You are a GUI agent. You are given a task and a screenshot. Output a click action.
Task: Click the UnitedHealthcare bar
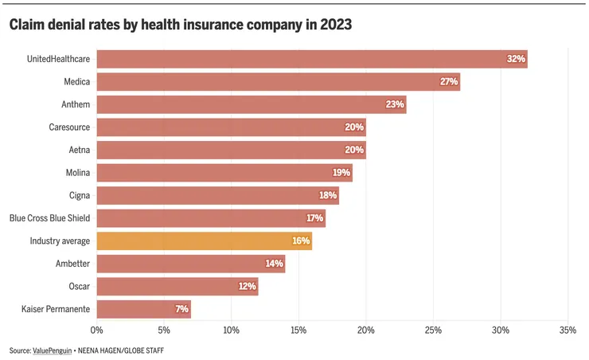[310, 59]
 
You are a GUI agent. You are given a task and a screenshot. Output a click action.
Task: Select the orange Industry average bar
[204, 241]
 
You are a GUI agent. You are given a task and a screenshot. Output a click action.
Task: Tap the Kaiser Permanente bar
[143, 309]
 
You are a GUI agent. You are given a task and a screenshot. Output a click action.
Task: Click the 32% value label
[516, 59]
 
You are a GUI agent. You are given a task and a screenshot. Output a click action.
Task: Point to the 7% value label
[181, 309]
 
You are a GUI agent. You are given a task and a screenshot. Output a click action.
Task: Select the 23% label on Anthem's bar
[396, 104]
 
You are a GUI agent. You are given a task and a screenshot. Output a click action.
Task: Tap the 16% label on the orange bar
[302, 241]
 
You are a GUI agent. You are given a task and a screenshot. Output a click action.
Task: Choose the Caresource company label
[68, 127]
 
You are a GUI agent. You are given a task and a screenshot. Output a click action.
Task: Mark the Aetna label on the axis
[79, 150]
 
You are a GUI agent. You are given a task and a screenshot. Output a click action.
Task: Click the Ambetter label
[72, 264]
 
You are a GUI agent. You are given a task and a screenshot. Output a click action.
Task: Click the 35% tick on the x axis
[568, 330]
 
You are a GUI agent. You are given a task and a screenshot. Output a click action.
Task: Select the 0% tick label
[97, 330]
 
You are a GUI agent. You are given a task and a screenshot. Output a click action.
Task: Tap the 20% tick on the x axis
[365, 330]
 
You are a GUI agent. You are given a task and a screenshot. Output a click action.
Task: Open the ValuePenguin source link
[53, 350]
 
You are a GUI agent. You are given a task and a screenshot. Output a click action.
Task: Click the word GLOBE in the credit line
[136, 350]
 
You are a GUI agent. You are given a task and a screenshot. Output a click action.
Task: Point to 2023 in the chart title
[332, 25]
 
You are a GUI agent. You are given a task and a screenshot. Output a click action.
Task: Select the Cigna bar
[217, 195]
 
